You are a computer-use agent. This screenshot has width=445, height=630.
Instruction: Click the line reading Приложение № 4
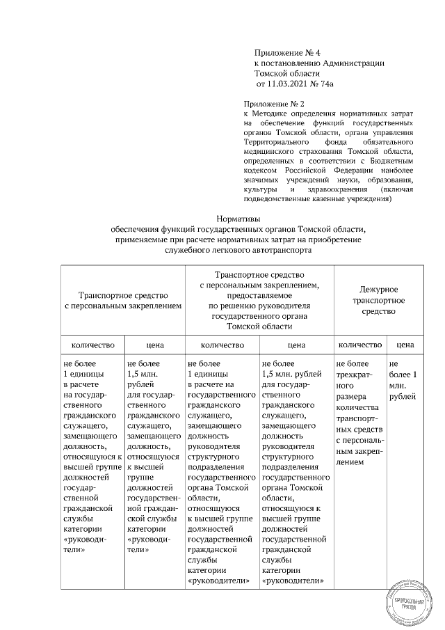click(x=287, y=52)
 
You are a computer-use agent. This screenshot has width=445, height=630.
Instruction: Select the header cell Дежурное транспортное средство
click(x=378, y=300)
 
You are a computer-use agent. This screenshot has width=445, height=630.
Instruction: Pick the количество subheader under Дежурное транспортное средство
click(x=359, y=345)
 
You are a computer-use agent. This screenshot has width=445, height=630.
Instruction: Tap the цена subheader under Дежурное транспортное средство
click(x=401, y=345)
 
